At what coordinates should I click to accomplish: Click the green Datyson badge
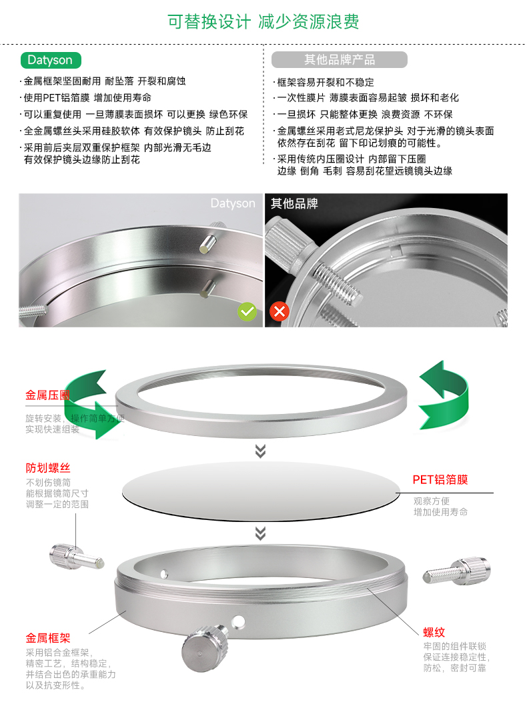click(x=51, y=60)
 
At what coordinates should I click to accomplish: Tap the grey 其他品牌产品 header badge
click(x=339, y=59)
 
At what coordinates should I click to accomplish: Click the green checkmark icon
click(x=247, y=311)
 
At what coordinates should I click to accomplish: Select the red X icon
click(x=280, y=311)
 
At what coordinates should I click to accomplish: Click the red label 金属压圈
click(x=47, y=395)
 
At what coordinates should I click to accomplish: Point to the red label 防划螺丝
click(x=48, y=468)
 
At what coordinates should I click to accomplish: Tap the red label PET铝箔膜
click(x=440, y=479)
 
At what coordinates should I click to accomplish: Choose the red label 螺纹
click(x=434, y=632)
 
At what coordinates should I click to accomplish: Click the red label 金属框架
click(x=48, y=638)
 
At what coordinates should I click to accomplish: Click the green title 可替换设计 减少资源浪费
click(x=263, y=21)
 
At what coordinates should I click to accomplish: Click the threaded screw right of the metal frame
click(x=456, y=571)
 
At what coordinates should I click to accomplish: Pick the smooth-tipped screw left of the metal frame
click(x=77, y=557)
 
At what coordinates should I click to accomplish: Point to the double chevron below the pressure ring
click(x=260, y=451)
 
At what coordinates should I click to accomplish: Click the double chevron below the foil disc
click(x=260, y=533)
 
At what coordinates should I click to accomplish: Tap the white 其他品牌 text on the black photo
click(x=294, y=203)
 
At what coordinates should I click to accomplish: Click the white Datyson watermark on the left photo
click(x=233, y=203)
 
